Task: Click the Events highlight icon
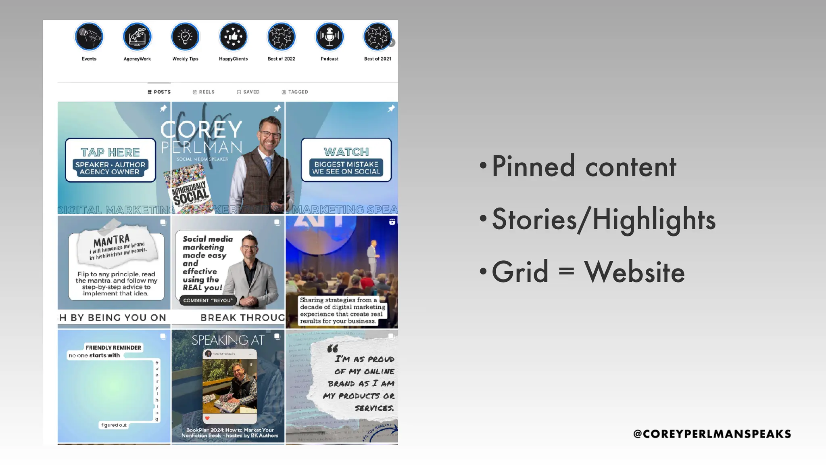point(89,37)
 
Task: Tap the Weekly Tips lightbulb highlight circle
point(185,37)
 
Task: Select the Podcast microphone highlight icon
point(330,37)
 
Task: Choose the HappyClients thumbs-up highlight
point(233,37)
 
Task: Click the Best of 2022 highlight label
point(281,59)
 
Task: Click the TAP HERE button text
point(110,152)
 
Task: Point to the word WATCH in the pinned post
point(346,152)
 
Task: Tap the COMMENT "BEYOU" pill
point(208,300)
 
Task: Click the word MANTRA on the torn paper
point(111,241)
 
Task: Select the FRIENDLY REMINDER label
point(113,348)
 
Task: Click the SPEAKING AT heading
point(228,340)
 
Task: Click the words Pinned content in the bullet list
point(584,166)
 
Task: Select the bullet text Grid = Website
point(588,272)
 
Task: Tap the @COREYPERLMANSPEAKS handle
point(712,434)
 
